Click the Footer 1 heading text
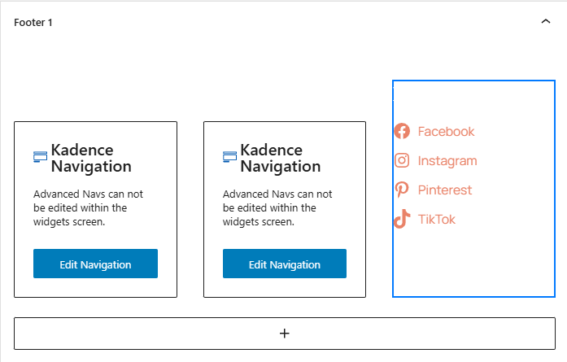33,23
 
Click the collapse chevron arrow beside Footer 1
546,21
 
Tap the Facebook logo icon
402,131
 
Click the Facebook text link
446,131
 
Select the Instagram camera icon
402,160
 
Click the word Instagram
447,161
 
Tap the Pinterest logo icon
402,190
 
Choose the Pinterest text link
445,190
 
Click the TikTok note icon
402,219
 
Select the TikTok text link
437,219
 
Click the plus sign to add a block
285,333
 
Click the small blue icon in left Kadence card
40,156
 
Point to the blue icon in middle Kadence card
229,156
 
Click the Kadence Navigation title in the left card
91,159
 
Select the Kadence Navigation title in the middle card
281,159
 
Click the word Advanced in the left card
56,194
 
